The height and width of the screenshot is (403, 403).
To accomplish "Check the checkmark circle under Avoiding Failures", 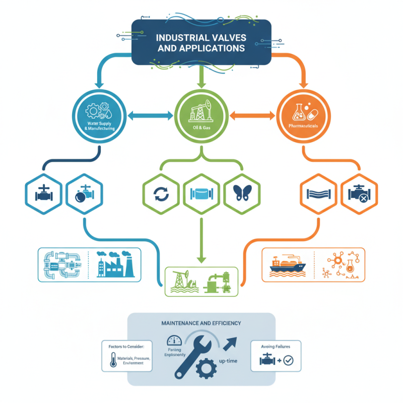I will (x=288, y=360).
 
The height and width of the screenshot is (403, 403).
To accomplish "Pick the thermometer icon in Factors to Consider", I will (x=112, y=360).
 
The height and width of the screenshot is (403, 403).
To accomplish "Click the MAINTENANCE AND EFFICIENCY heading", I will (x=201, y=323).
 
